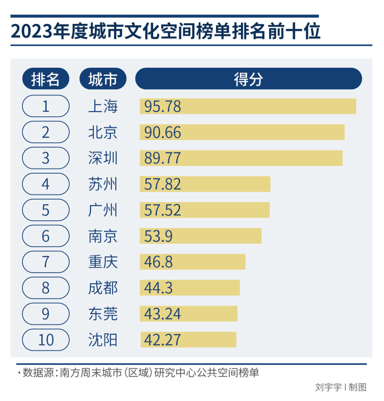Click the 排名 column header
click(45, 79)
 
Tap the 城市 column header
click(102, 79)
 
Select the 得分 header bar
click(248, 79)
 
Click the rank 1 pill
click(46, 106)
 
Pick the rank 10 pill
click(46, 340)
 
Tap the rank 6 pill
click(46, 236)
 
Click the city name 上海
click(103, 106)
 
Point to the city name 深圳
click(103, 158)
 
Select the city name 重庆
click(103, 262)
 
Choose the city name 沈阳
click(103, 340)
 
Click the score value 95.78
click(162, 106)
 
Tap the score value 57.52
click(162, 210)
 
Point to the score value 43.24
click(162, 314)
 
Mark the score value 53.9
click(158, 236)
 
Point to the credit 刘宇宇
click(328, 387)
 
